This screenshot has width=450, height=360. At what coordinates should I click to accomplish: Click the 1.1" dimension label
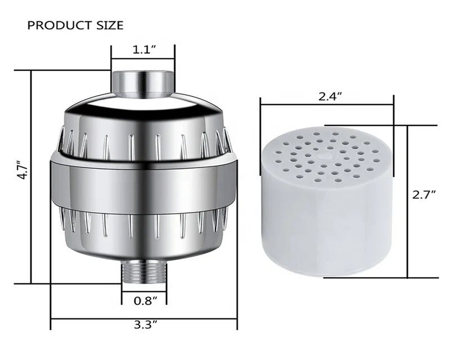[143, 49]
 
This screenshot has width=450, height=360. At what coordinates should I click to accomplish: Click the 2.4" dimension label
[329, 96]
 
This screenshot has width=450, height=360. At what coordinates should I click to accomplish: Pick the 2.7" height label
[425, 195]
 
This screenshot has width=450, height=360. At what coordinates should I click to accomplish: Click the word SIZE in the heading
[109, 25]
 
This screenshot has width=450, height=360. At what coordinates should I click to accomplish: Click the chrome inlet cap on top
[143, 82]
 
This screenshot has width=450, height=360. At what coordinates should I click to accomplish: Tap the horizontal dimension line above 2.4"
[327, 104]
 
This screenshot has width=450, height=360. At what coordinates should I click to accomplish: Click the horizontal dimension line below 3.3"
[143, 319]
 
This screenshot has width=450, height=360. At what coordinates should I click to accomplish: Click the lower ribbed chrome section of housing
[143, 231]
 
